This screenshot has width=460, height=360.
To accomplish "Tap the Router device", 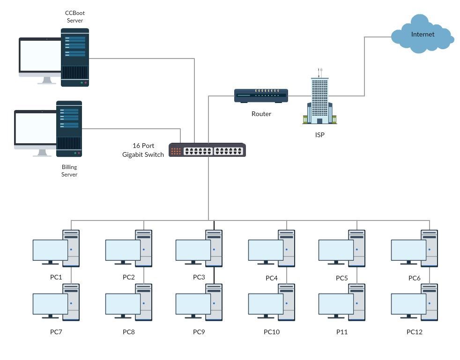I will pos(261,96).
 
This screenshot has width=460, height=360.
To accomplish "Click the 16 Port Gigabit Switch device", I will pos(207,150).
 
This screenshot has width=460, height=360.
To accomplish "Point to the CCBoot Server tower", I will pos(75,57).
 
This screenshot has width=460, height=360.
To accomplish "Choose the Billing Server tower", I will pos(69,129).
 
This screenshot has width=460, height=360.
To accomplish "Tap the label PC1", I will pos(56,277).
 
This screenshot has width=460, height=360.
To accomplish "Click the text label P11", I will pos(342,332).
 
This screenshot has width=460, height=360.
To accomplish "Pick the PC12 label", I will pos(415,332).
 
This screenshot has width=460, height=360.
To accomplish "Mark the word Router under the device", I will pos(261,114).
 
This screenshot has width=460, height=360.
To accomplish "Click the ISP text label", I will pos(319,135).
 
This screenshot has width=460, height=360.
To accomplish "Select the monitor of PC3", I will pos(193,250).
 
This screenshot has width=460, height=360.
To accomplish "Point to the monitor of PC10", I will pos(266,304).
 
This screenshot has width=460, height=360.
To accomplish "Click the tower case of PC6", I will pos(430,248).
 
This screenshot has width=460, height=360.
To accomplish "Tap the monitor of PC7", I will pos(50,304).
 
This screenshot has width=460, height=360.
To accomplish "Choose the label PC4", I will pos(272,278).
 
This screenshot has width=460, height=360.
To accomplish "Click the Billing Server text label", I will pos(69,171).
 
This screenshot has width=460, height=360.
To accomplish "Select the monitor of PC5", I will pos(336,250).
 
